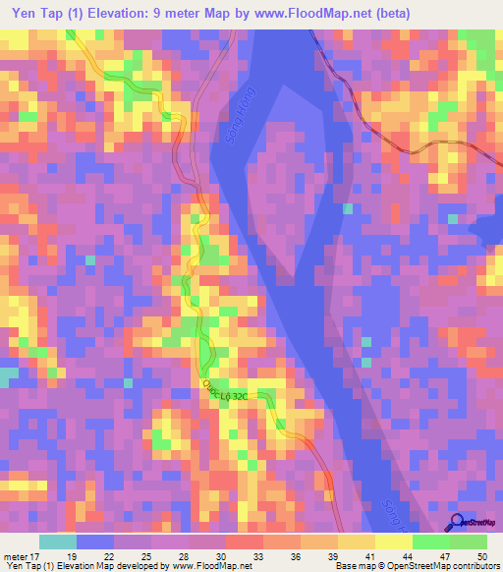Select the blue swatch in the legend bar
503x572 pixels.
tap(95, 542)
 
